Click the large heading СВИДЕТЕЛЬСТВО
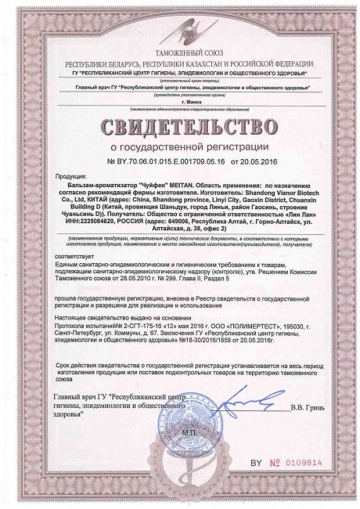pos(179,125)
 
